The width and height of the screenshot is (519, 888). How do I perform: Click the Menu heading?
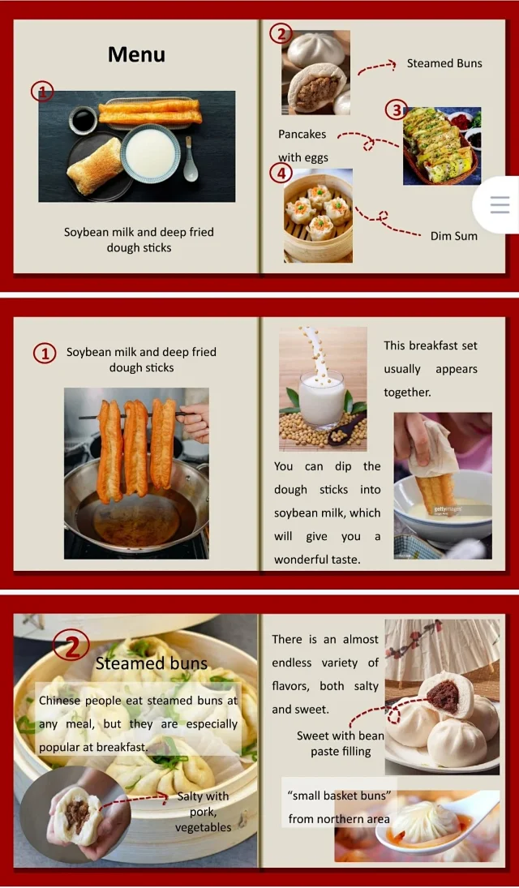136,54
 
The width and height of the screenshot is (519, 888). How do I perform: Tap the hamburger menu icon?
500,204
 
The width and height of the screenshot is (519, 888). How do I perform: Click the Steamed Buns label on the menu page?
444,63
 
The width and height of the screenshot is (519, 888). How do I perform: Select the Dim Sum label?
454,236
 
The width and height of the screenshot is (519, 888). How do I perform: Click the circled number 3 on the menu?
397,109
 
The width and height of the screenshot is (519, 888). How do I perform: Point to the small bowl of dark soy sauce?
83,120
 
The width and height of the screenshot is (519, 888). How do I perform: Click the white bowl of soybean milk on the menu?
151,153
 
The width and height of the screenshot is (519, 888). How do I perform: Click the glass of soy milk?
321,398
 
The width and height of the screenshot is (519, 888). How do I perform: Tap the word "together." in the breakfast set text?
407,393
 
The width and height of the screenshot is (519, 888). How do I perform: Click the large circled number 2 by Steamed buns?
71,647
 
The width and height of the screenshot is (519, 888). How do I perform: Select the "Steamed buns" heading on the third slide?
152,663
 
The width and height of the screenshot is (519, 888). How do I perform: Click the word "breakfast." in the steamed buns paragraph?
122,747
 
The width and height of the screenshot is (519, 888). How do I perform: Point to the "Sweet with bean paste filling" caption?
341,744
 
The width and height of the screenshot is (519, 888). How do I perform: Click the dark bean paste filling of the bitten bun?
443,696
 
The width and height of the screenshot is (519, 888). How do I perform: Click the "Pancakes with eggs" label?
302,145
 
